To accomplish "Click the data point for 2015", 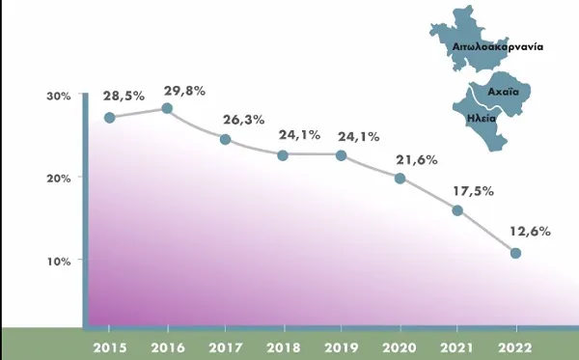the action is (x=110, y=118).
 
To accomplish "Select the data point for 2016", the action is (x=167, y=108).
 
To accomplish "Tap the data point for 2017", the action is (x=225, y=140).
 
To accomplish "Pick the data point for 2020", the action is (x=400, y=179).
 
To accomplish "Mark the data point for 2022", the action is (x=516, y=253).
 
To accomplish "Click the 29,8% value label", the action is (x=184, y=91).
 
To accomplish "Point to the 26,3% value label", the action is (x=244, y=120).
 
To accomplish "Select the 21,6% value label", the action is (x=417, y=160).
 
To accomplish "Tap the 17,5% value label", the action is (x=474, y=191).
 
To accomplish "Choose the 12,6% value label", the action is (x=530, y=232).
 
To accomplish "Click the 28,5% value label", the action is (x=124, y=97).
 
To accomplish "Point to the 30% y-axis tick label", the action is (x=58, y=97).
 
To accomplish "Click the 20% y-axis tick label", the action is (x=58, y=179).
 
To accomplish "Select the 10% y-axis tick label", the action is (x=59, y=262).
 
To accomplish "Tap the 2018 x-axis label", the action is (x=284, y=347).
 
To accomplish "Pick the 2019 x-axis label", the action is (x=342, y=347).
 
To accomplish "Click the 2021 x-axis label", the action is (x=456, y=347).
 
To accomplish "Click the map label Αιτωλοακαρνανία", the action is (x=498, y=47).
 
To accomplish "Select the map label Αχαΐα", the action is (x=504, y=92).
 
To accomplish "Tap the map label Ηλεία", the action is (x=482, y=119).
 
